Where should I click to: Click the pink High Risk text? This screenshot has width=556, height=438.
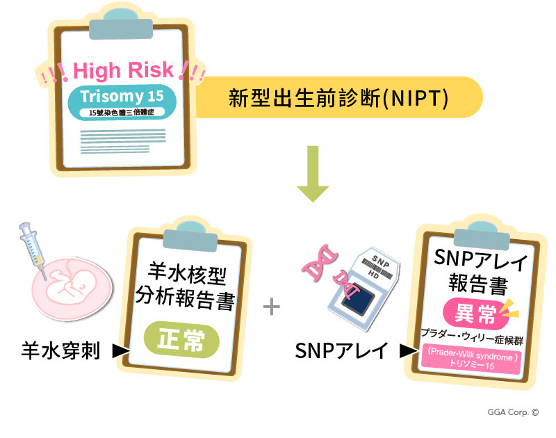click(x=123, y=70)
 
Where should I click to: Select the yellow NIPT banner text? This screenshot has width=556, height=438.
click(x=338, y=98)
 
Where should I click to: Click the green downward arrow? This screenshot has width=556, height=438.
click(x=313, y=174)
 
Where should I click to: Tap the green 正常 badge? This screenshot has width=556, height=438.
click(x=181, y=339)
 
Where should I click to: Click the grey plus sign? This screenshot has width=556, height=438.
click(x=272, y=307)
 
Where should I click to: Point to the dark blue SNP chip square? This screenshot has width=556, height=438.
click(x=358, y=301)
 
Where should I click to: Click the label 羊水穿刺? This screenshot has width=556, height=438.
click(x=60, y=351)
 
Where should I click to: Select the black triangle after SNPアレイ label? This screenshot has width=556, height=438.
click(x=409, y=351)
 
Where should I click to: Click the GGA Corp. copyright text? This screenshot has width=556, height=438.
click(x=513, y=412)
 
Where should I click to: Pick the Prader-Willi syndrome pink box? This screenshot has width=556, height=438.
click(x=471, y=360)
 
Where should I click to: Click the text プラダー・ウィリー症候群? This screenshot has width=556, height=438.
click(x=472, y=337)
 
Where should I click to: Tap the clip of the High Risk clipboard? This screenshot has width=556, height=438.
click(x=121, y=25)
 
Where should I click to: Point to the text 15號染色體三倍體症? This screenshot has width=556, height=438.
click(x=122, y=113)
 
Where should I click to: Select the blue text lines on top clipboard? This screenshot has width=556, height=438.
click(x=123, y=141)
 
